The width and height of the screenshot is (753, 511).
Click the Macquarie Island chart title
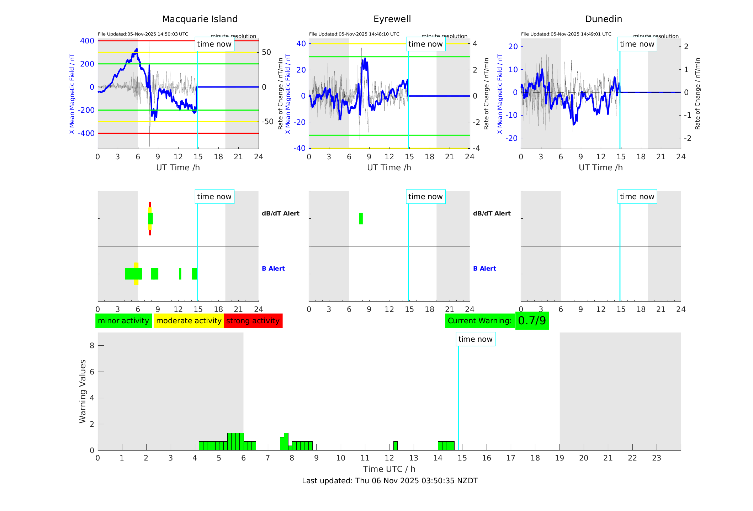pyautogui.click(x=200, y=19)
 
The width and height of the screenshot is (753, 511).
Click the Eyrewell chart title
pyautogui.click(x=392, y=19)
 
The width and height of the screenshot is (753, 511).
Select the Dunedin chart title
pyautogui.click(x=603, y=19)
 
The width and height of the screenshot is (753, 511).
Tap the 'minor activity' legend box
pyautogui.click(x=123, y=321)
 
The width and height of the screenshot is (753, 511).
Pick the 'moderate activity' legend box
pyautogui.click(x=189, y=321)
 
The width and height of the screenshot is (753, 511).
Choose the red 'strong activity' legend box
pyautogui.click(x=253, y=321)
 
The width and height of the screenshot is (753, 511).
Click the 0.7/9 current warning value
pyautogui.click(x=532, y=321)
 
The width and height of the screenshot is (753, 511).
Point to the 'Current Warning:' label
pyautogui.click(x=479, y=321)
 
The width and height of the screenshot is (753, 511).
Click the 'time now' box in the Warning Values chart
pyautogui.click(x=475, y=339)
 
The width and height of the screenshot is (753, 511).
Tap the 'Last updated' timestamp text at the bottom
pyautogui.click(x=390, y=481)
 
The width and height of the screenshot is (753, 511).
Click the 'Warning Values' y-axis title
pyautogui.click(x=83, y=391)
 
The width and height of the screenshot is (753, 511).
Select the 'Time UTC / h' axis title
pyautogui.click(x=389, y=469)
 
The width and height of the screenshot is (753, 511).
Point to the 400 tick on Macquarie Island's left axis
pyautogui.click(x=87, y=41)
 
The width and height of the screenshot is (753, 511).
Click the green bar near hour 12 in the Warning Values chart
pyautogui.click(x=395, y=446)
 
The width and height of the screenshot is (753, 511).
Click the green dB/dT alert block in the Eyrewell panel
pyautogui.click(x=361, y=219)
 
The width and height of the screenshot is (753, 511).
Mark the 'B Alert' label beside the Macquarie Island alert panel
pyautogui.click(x=273, y=268)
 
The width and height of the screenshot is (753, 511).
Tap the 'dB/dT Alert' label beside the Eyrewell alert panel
pyautogui.click(x=492, y=213)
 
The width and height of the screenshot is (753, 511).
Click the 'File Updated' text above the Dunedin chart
pyautogui.click(x=566, y=34)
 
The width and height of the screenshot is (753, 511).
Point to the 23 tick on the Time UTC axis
pyautogui.click(x=656, y=458)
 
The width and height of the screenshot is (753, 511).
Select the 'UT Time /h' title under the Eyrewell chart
pyautogui.click(x=389, y=167)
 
